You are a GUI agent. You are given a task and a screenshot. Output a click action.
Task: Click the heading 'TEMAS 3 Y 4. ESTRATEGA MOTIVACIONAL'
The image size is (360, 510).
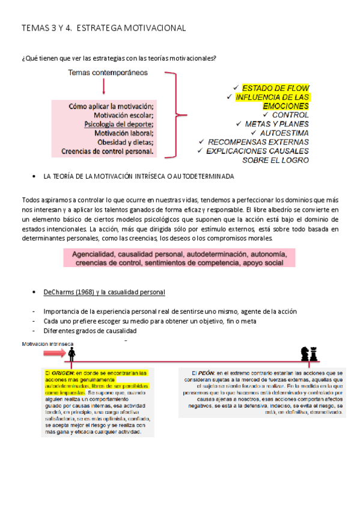[x=103, y=28]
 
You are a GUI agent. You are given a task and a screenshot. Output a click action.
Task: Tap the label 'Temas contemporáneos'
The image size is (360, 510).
[x=108, y=73]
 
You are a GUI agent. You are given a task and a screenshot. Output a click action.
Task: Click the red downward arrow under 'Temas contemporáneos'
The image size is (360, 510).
[x=104, y=88]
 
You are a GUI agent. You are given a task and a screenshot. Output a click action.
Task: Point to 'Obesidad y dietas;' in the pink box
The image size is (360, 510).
[x=126, y=143]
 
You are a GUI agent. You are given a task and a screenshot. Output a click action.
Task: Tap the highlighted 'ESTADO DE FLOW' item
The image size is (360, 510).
[x=275, y=88]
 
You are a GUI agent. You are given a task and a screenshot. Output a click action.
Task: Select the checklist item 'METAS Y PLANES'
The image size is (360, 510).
[x=277, y=124]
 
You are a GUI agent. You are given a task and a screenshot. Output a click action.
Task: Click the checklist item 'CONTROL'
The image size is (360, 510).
[x=290, y=115]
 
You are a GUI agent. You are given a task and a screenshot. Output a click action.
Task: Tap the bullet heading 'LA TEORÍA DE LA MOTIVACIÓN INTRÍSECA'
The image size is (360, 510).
[x=138, y=176]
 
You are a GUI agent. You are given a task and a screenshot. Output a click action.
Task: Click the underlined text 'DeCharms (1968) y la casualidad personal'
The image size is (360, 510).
[x=105, y=292]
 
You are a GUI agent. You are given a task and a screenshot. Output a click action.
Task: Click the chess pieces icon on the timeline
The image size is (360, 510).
[x=309, y=354]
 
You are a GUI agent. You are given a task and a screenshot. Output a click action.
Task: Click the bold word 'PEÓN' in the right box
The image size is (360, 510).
[x=206, y=373]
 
